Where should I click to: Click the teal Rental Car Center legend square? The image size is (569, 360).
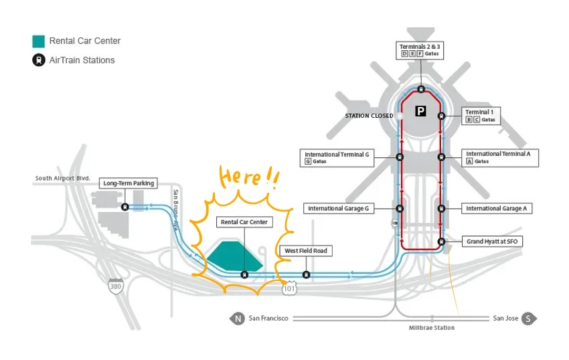coord(39,41)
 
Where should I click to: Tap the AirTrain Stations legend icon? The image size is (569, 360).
coord(39,60)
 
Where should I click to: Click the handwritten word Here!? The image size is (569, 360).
coord(248,178)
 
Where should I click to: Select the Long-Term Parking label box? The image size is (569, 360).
coord(129,183)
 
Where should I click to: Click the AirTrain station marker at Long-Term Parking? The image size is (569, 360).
coord(125,207)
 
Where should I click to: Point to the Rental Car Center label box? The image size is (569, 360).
coord(246,222)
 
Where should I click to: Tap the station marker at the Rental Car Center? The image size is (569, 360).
coord(244,274)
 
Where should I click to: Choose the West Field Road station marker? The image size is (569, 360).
coord(306,274)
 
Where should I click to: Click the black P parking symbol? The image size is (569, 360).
coord(420,111)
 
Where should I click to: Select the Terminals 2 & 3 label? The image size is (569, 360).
coord(421,50)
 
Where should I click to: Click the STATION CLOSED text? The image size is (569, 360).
coord(369,116)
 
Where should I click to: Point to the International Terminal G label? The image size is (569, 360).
coord(337,157)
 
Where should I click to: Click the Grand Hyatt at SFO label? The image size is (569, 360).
coord(493,241)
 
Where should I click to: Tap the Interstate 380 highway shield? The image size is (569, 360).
coord(116,286)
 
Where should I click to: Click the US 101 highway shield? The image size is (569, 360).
coord(289,288)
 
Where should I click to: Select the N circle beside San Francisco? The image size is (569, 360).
coord(238,319)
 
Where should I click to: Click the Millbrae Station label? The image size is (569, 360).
coord(432,328)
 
